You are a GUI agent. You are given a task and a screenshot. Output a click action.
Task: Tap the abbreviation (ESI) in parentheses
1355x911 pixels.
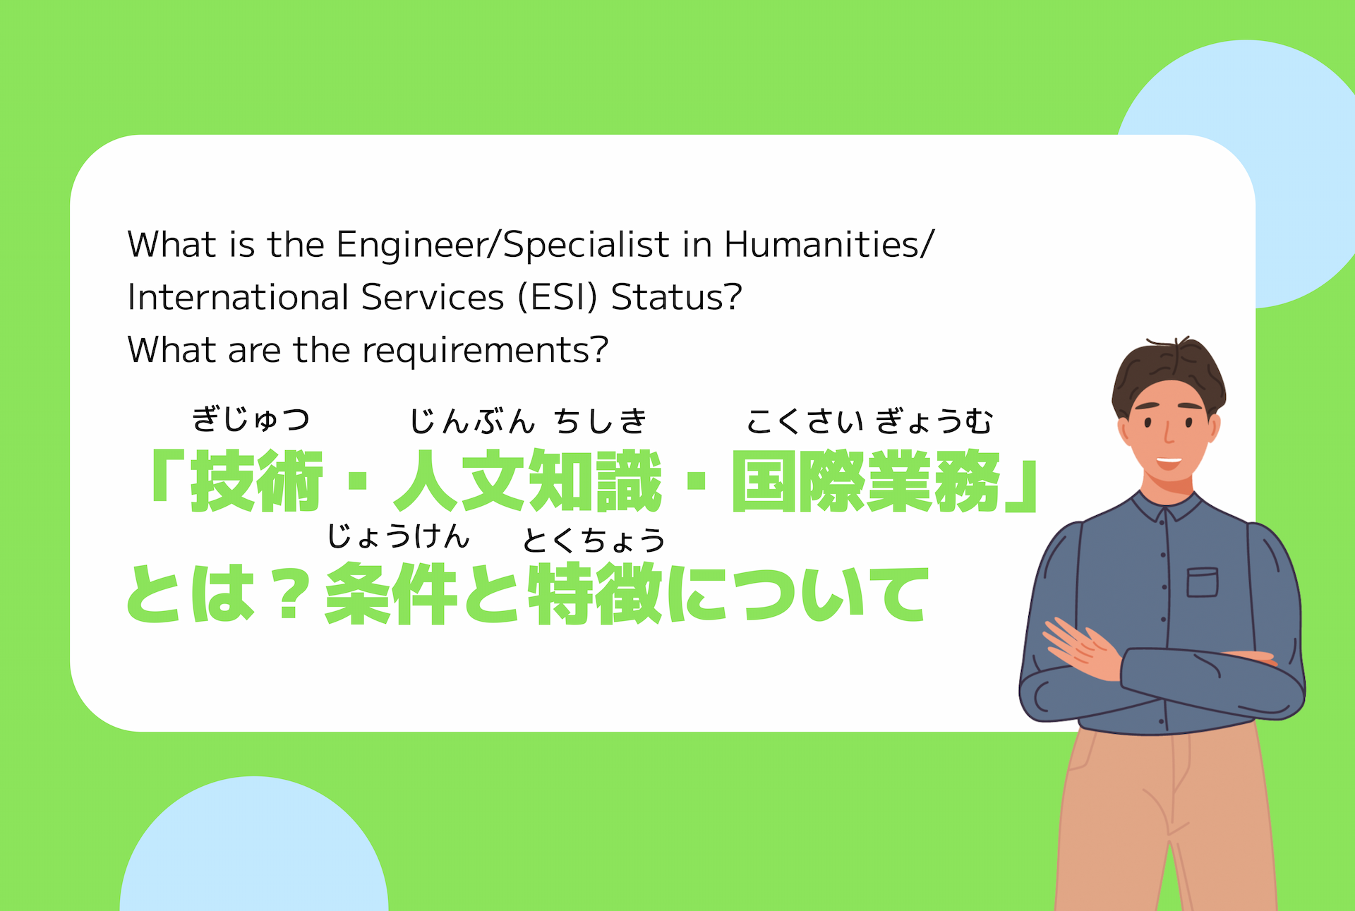558,297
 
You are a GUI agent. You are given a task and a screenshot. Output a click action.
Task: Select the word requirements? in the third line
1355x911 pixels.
485,351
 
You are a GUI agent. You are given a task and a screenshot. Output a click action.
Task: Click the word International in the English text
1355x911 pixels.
239,297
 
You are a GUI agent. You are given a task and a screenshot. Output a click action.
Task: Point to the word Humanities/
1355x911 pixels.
829,245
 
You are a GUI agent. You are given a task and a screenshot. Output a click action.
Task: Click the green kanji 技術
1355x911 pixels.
257,481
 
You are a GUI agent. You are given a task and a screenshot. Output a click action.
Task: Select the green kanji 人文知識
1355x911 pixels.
527,481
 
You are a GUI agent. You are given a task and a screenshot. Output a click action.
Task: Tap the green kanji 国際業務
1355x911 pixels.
866,481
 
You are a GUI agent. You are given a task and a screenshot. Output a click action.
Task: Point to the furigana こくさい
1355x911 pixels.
805,421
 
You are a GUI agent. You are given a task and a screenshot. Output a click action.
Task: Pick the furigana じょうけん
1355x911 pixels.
398,537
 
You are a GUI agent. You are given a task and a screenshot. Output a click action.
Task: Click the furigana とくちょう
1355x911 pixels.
594,541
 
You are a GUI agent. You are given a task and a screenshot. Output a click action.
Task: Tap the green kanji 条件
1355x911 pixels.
390,594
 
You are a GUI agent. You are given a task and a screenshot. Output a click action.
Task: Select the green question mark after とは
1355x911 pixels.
290,594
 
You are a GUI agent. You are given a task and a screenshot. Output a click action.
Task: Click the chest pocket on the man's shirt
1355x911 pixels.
1202,582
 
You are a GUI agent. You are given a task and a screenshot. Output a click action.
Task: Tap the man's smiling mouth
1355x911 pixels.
1169,462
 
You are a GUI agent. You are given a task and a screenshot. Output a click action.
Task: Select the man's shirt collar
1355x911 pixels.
1168,506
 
